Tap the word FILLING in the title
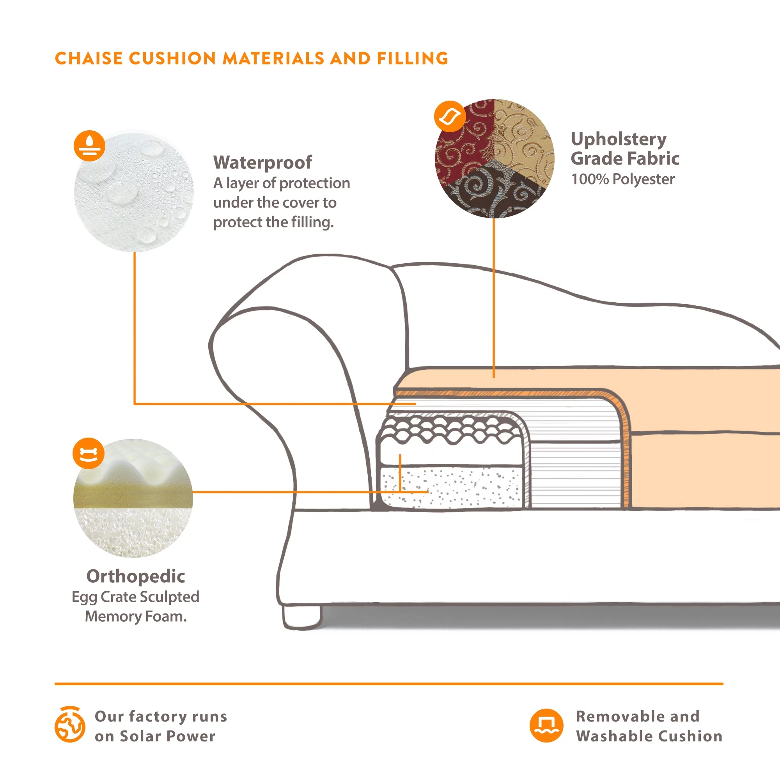[412, 58]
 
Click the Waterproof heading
[262, 162]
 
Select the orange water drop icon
[89, 146]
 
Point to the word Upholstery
[619, 139]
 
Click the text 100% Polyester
[622, 179]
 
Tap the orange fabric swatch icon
[450, 116]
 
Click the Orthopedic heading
[136, 576]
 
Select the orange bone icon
[89, 454]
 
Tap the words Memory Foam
[136, 617]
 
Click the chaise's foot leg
[302, 617]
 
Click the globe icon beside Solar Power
[70, 725]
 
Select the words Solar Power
[168, 736]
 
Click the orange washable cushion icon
[546, 725]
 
